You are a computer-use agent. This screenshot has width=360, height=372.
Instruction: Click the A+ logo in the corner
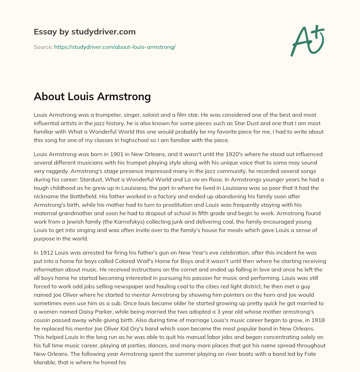coord(307,40)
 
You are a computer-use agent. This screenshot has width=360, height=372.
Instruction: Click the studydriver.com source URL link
coord(115,47)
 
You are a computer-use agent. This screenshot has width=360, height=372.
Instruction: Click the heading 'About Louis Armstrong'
coord(92,96)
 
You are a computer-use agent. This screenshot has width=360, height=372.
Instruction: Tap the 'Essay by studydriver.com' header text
coord(84,32)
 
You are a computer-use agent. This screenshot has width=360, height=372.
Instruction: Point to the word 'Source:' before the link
coord(43,47)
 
